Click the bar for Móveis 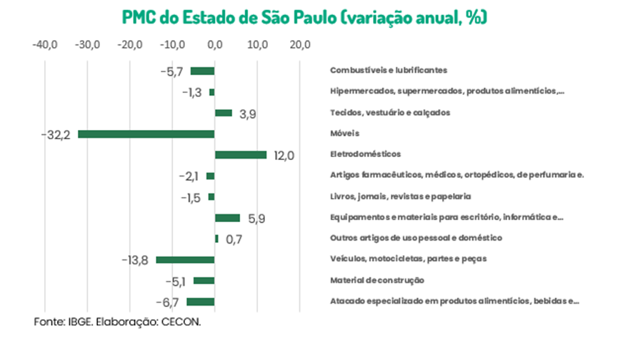[x=146, y=134]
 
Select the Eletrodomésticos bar [x=241, y=154]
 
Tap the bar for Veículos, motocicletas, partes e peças [x=185, y=259]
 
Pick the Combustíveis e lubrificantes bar [x=202, y=71]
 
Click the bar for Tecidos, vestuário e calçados [x=224, y=113]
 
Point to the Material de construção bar [x=204, y=280]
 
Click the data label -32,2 [x=56, y=135]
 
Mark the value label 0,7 [x=233, y=239]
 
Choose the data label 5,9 [x=256, y=219]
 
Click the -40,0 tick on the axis [x=45, y=46]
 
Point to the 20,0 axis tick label [x=300, y=46]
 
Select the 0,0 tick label [x=215, y=46]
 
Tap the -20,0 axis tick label [x=130, y=46]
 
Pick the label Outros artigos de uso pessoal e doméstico [x=416, y=238]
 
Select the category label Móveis [x=344, y=134]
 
